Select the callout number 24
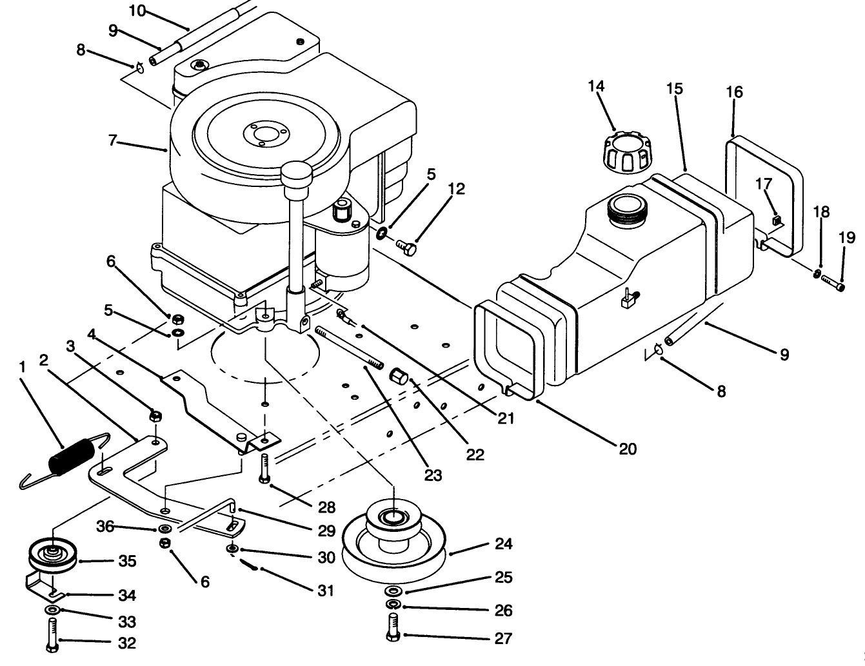click(503, 544)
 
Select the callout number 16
click(734, 92)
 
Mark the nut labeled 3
click(154, 416)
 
